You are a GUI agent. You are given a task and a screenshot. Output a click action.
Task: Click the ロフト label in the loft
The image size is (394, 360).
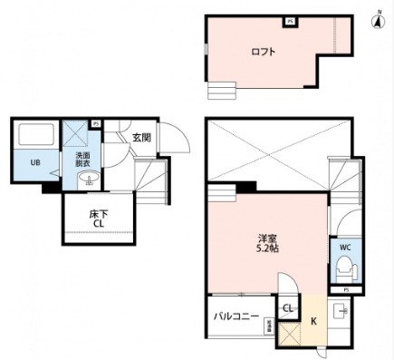click(x=263, y=52)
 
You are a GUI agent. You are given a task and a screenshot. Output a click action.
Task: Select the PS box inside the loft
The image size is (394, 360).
click(x=289, y=20)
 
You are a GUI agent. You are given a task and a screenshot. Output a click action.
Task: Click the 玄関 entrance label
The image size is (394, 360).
click(x=140, y=138)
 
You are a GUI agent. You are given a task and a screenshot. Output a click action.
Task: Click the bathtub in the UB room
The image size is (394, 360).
click(x=36, y=136)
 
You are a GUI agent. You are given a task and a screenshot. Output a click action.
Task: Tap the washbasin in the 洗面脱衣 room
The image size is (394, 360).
click(x=86, y=180)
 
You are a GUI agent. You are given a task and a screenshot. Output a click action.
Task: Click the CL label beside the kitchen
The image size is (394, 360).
click(x=288, y=309)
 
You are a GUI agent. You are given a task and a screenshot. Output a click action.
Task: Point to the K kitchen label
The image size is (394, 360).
click(x=313, y=320)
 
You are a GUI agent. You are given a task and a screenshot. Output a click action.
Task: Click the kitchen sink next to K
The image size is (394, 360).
click(x=341, y=313)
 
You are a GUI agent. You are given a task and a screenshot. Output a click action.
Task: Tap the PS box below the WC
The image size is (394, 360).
click(x=345, y=289)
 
